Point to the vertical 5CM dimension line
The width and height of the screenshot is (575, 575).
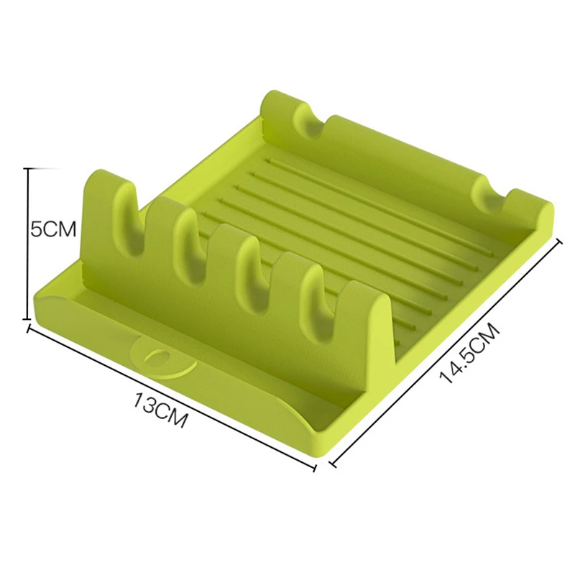[x=28, y=244]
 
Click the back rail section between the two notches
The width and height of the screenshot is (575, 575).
[x=402, y=151]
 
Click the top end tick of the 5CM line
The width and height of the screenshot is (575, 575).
[x=29, y=168]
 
